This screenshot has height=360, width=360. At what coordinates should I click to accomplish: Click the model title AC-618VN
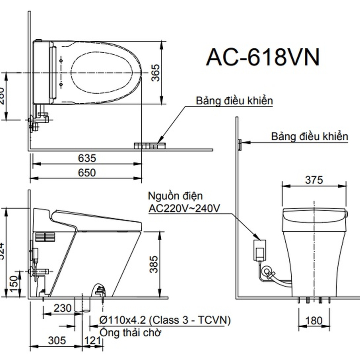[x=263, y=58]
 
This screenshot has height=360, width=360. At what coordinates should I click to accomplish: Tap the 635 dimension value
[x=87, y=158]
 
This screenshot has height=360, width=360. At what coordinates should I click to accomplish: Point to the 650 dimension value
[x=87, y=172]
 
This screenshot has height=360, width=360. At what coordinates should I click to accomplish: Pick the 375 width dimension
[x=314, y=180]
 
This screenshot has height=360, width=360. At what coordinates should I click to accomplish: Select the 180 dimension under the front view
[x=314, y=320]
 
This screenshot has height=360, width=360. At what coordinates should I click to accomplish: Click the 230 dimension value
[x=63, y=308]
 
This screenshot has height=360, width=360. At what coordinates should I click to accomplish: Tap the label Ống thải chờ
[x=131, y=332]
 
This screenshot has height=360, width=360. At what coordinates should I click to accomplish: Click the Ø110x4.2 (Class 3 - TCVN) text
[x=165, y=320]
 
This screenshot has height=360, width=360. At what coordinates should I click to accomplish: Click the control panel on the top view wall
[x=150, y=145]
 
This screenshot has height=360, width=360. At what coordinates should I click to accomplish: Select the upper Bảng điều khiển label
[x=234, y=101]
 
